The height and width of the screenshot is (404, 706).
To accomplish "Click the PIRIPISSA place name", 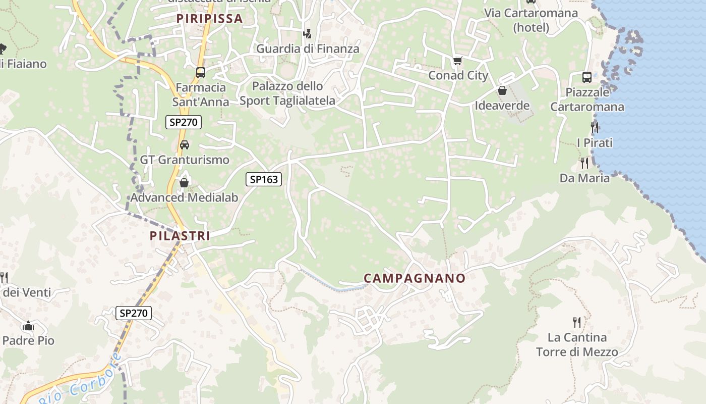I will [x=209, y=19].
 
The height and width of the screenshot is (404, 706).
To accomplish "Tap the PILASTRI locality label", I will [x=180, y=235].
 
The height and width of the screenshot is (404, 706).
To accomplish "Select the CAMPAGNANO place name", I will [x=415, y=278].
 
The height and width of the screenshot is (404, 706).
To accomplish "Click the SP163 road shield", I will [x=264, y=179].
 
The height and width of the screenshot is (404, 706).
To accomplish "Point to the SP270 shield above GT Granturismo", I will [x=184, y=122].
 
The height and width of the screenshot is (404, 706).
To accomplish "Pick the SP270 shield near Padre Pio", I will [x=134, y=313].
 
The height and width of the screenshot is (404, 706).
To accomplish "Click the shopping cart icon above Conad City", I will [x=457, y=61].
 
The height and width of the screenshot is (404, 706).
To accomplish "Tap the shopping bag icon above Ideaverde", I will [x=502, y=91].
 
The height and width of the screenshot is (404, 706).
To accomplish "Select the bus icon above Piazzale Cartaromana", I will [x=587, y=77].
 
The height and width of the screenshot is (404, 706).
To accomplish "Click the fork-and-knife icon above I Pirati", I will [x=595, y=128].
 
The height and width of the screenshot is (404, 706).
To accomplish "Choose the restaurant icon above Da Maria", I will [x=584, y=163].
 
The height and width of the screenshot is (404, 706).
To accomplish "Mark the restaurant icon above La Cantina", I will [x=577, y=322].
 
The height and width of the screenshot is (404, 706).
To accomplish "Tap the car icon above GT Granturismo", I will [x=185, y=145].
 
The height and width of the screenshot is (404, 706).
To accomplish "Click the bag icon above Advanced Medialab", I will [x=184, y=183].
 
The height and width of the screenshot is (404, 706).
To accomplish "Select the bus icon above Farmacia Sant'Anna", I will [x=201, y=73].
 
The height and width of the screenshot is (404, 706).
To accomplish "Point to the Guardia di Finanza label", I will [x=308, y=49].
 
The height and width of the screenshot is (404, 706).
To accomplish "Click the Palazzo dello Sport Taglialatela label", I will [x=287, y=93].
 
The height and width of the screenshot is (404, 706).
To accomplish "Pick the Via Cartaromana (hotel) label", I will [x=531, y=20].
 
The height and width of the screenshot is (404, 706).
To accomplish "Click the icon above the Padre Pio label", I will [x=28, y=326].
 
